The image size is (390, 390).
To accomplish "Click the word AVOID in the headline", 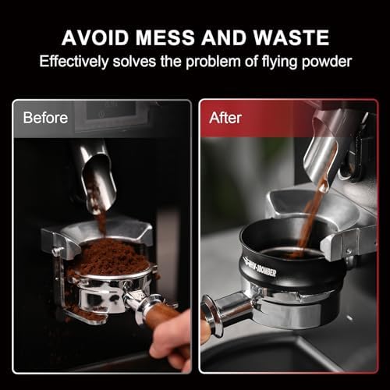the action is pos(95,37).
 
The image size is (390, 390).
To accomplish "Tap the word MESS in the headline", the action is pos(165,37).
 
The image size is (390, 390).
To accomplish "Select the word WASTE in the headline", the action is pos(291,37).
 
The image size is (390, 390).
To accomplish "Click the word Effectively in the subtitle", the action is pos(74,62).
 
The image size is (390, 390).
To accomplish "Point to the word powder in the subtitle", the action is pos(327,62).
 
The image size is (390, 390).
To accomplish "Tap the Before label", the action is pos(45,118).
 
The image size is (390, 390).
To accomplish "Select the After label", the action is pos(225,118).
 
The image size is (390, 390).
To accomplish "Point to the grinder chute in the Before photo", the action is pos(97,177).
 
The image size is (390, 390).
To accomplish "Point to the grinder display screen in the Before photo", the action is pos(112,111).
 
